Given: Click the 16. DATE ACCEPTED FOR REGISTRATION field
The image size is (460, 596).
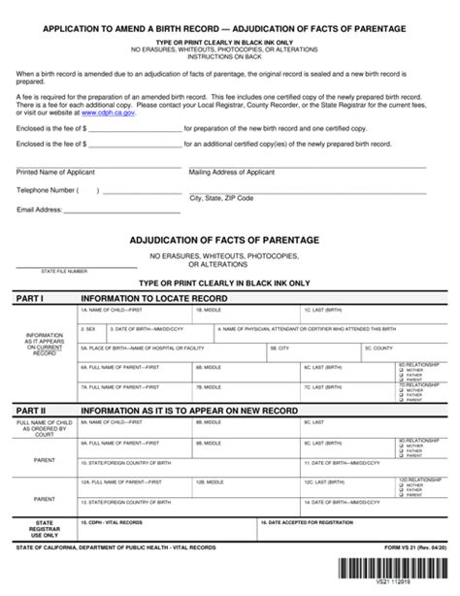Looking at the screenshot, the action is click(354, 528).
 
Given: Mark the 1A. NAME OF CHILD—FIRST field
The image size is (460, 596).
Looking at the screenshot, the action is click(135, 315).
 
